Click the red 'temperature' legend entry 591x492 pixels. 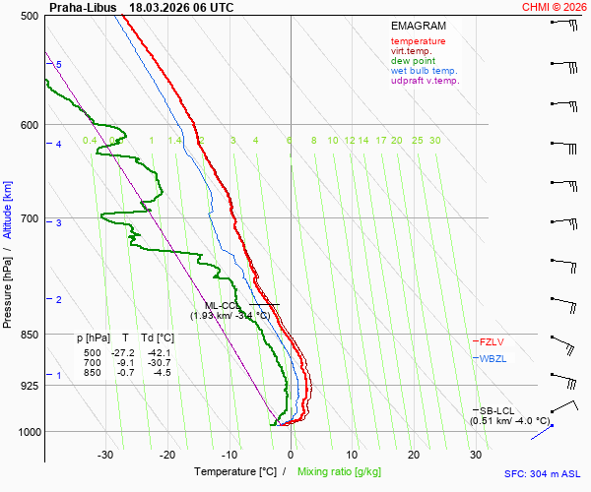coord(418,41)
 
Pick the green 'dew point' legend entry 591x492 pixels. coord(414,61)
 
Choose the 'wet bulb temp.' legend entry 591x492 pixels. coord(424,71)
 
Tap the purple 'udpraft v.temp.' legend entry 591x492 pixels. coord(425,81)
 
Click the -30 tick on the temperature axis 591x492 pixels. coord(106,455)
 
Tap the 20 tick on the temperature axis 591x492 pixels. coord(414,455)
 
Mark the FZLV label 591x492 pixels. coord(492,341)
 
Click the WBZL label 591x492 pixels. coord(492,358)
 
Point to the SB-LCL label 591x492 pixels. coord(497,409)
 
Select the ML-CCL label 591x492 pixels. coord(224,305)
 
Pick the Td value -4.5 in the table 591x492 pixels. coord(161,372)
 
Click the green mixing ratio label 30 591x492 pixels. coord(434,141)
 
